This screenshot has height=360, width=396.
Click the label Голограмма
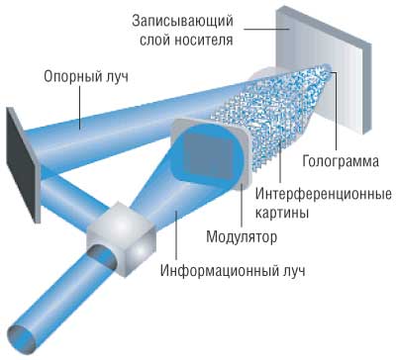[x=337, y=161]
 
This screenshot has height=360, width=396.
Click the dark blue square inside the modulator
[x=207, y=159]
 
